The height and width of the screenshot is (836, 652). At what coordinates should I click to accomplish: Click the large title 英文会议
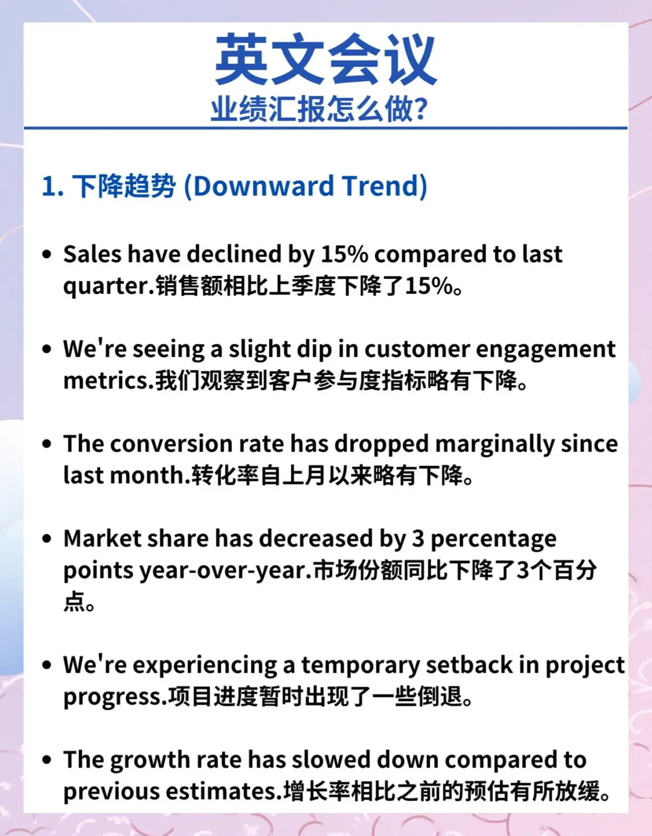(x=326, y=59)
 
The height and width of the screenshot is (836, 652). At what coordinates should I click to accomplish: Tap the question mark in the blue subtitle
(x=421, y=109)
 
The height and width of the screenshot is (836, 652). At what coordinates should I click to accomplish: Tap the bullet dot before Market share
(x=47, y=538)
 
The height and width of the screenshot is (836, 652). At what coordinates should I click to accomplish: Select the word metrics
(x=106, y=381)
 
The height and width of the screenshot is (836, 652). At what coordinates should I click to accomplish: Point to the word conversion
(x=171, y=444)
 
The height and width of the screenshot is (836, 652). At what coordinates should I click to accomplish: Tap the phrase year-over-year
(x=223, y=571)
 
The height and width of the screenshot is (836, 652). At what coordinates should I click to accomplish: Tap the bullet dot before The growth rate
(x=47, y=759)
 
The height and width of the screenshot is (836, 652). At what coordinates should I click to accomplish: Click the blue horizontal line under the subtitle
(x=325, y=127)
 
